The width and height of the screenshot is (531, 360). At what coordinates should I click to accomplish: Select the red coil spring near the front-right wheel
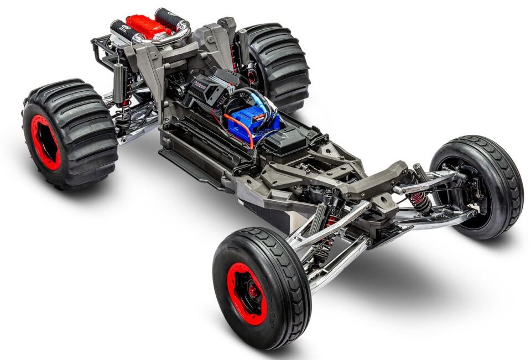(420, 202)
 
